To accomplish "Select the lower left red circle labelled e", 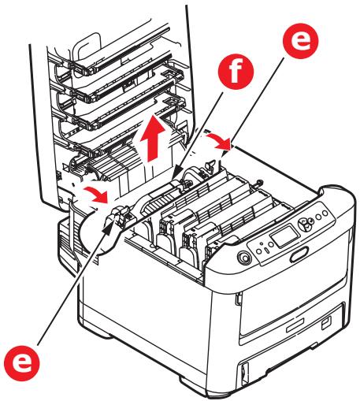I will (x=27, y=362).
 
